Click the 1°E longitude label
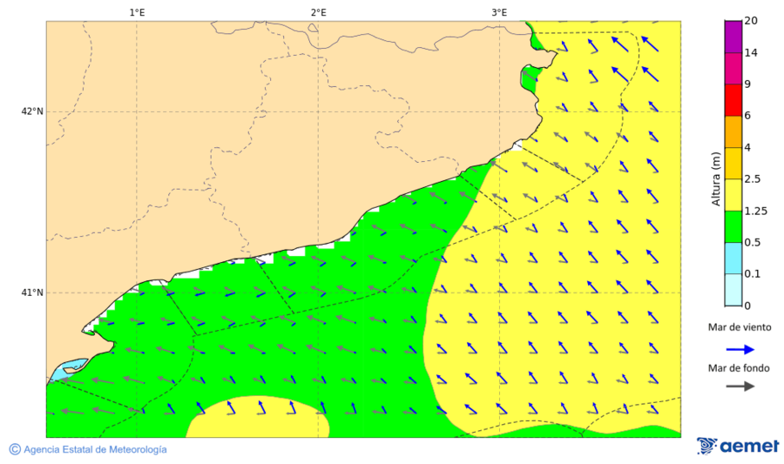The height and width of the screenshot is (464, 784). coord(137,12)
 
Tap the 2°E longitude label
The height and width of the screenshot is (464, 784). coord(318,12)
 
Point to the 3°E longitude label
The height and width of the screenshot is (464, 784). coord(499,12)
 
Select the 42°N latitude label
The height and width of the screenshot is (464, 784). coord(32,111)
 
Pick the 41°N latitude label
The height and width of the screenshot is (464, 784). coord(32,293)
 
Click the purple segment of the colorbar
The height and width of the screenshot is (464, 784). coord(733,37)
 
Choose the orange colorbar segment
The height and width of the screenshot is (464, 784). coord(733,131)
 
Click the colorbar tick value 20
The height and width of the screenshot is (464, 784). coord(752,21)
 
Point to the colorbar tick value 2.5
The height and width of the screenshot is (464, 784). coord(752,178)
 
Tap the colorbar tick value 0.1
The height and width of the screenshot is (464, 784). coord(752,273)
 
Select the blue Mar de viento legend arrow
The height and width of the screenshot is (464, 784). coord(740,348)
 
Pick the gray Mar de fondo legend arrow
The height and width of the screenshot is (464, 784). coord(740,387)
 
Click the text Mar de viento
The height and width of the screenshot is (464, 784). coord(740,327)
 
